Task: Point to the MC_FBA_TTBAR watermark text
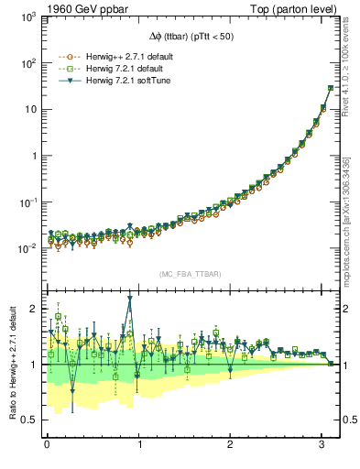[x=190, y=274]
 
